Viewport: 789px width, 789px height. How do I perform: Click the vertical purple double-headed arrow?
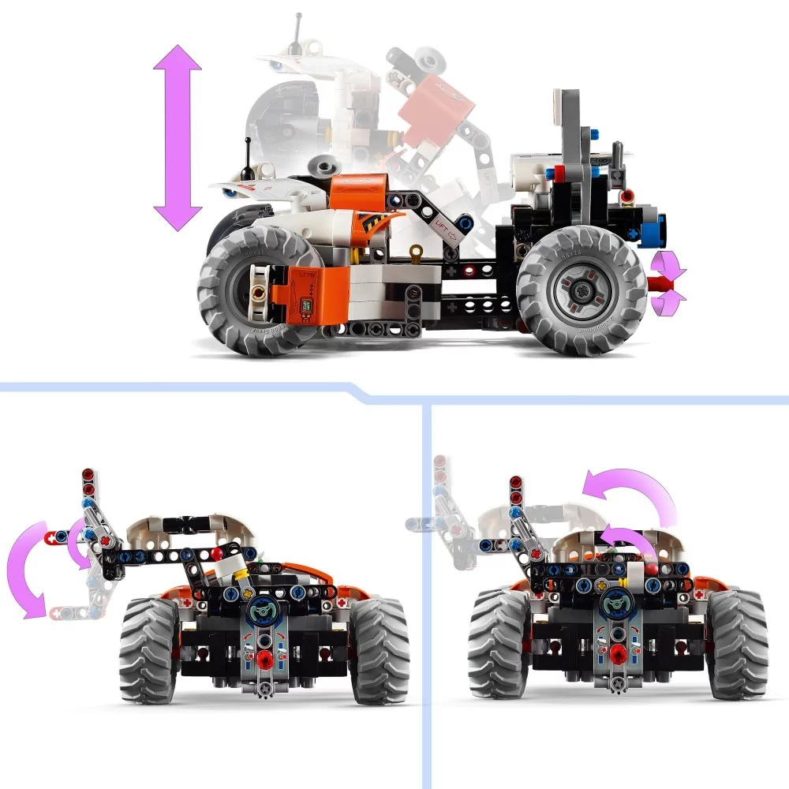coord(178,137)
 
